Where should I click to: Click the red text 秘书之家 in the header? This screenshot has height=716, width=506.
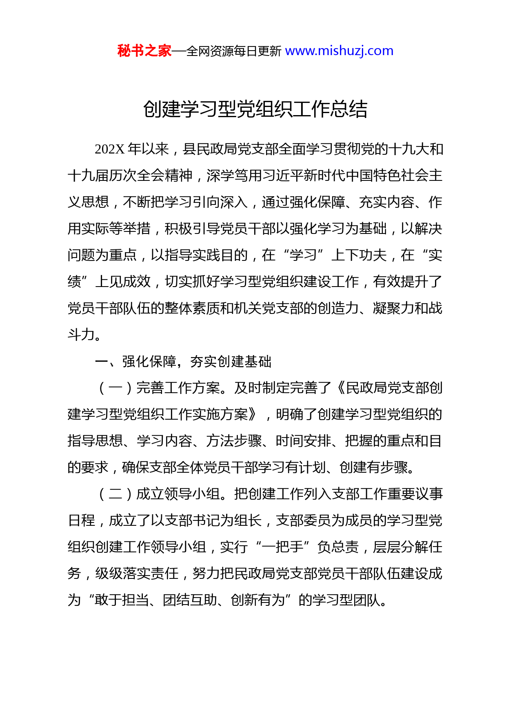pyautogui.click(x=144, y=51)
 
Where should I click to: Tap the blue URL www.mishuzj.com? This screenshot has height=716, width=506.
pyautogui.click(x=339, y=51)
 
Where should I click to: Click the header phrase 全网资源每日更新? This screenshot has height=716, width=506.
pyautogui.click(x=234, y=51)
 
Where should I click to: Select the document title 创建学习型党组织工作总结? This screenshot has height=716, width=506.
pyautogui.click(x=255, y=109)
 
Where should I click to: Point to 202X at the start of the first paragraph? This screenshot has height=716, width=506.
pyautogui.click(x=109, y=149)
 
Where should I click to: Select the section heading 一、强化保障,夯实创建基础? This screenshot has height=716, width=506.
pyautogui.click(x=183, y=362)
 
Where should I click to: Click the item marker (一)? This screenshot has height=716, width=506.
pyautogui.click(x=115, y=388)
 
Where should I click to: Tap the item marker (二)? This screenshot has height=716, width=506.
pyautogui.click(x=115, y=494)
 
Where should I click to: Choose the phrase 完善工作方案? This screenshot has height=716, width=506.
pyautogui.click(x=178, y=388)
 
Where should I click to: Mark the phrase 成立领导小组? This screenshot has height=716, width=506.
pyautogui.click(x=178, y=494)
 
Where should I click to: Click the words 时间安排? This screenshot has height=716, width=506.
pyautogui.click(x=303, y=441)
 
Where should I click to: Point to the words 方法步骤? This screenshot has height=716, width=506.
pyautogui.click(x=234, y=441)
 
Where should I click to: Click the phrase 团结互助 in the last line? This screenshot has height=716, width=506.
pyautogui.click(x=190, y=600)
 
